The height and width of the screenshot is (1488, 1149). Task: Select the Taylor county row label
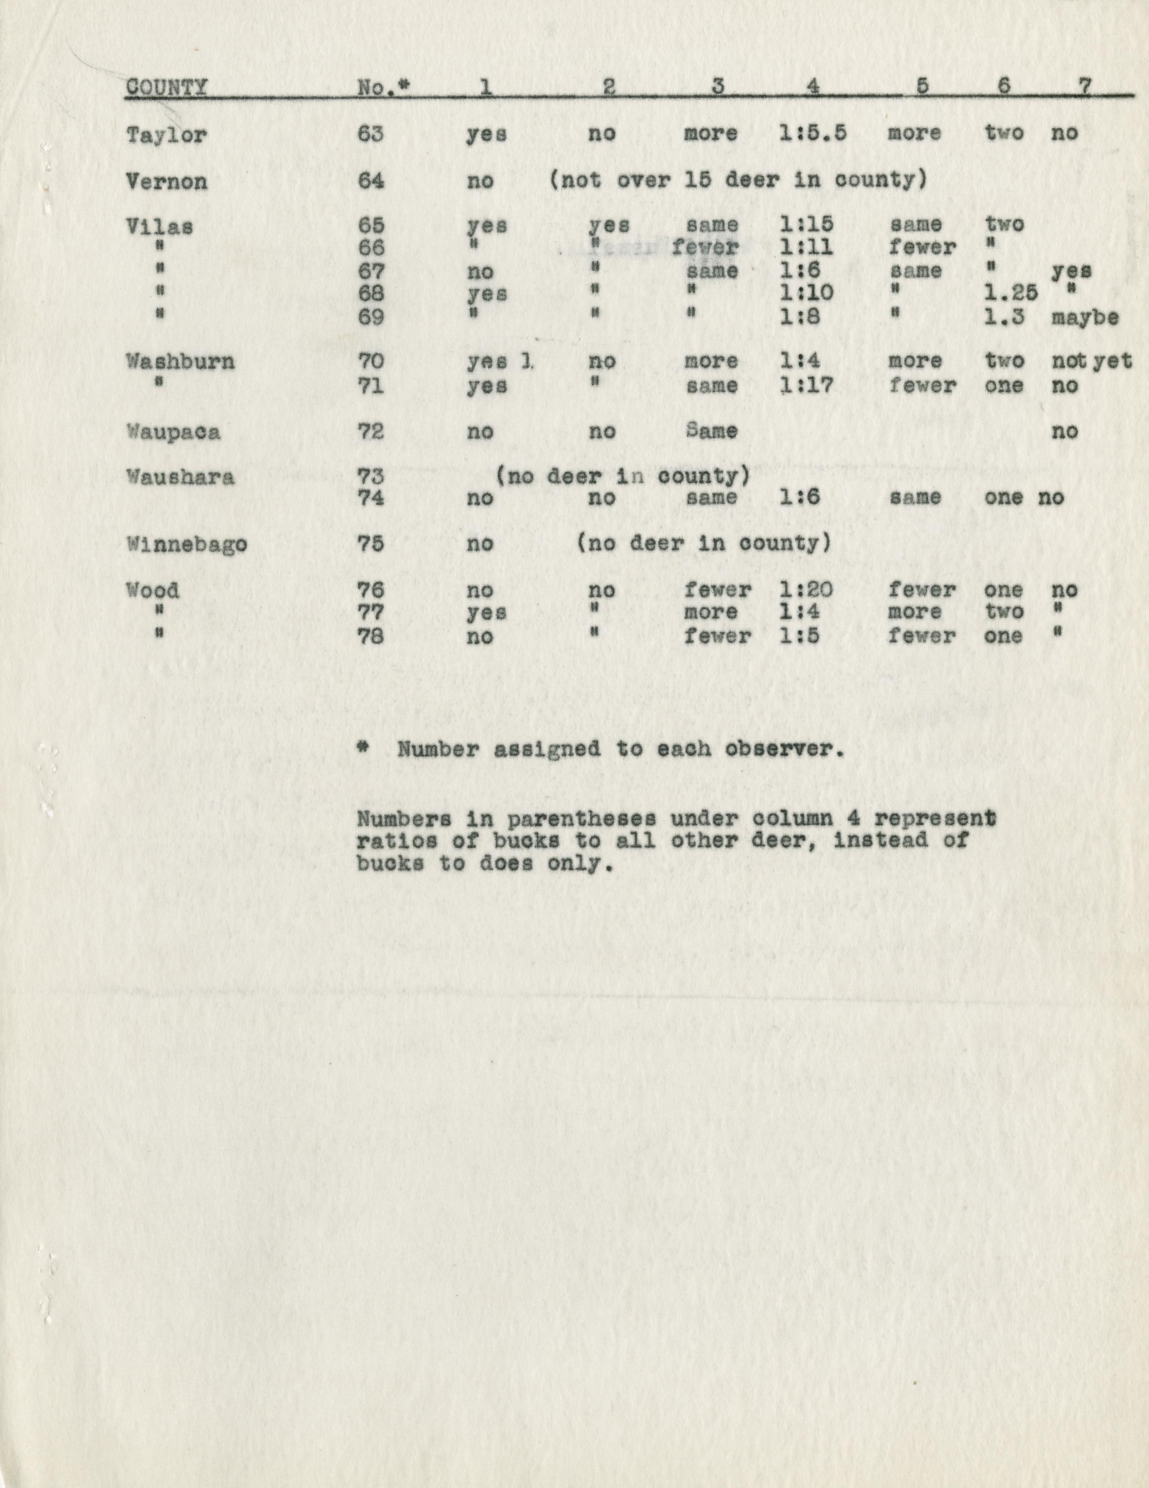click(x=166, y=135)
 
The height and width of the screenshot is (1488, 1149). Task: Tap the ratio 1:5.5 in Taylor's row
click(x=813, y=133)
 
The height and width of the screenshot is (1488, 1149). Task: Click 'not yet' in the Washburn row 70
click(x=1091, y=361)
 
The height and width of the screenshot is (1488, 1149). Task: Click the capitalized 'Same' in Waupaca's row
click(x=711, y=431)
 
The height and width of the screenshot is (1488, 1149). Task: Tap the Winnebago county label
click(x=186, y=545)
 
